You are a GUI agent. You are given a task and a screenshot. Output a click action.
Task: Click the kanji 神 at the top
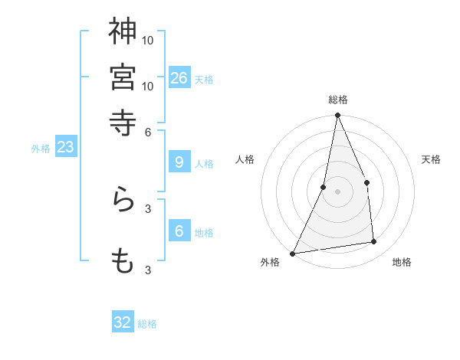pos(123,31)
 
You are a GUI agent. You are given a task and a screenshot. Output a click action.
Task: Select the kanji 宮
pos(123,77)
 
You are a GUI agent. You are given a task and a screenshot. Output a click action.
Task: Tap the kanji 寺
pos(123,123)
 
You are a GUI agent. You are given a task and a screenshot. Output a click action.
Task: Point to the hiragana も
pos(123,261)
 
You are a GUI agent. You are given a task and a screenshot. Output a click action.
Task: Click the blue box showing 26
pos(179,77)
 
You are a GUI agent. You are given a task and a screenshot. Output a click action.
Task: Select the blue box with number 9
pos(179,162)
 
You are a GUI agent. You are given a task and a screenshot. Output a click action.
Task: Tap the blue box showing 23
pos(65,147)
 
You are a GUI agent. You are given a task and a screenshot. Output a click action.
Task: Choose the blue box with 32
pos(123,322)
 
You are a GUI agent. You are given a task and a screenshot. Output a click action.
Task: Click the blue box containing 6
pos(179,231)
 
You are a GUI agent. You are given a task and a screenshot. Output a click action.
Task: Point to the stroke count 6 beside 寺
pos(148,132)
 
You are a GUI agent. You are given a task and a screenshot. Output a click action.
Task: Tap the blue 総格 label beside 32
pos(147,324)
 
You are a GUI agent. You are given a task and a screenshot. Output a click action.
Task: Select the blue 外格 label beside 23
pos(41,149)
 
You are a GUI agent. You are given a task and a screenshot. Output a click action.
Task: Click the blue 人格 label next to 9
pos(204,163)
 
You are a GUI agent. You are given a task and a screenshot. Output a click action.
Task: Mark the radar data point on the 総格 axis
pos(337,116)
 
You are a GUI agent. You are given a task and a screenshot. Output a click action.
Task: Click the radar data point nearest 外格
pos(293,254)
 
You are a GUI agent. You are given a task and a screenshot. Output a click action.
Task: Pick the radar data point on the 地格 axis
pos(374,242)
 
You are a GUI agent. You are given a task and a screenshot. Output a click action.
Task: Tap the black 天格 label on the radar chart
pos(431,159)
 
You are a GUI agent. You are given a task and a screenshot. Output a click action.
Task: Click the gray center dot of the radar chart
pos(337,191)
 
